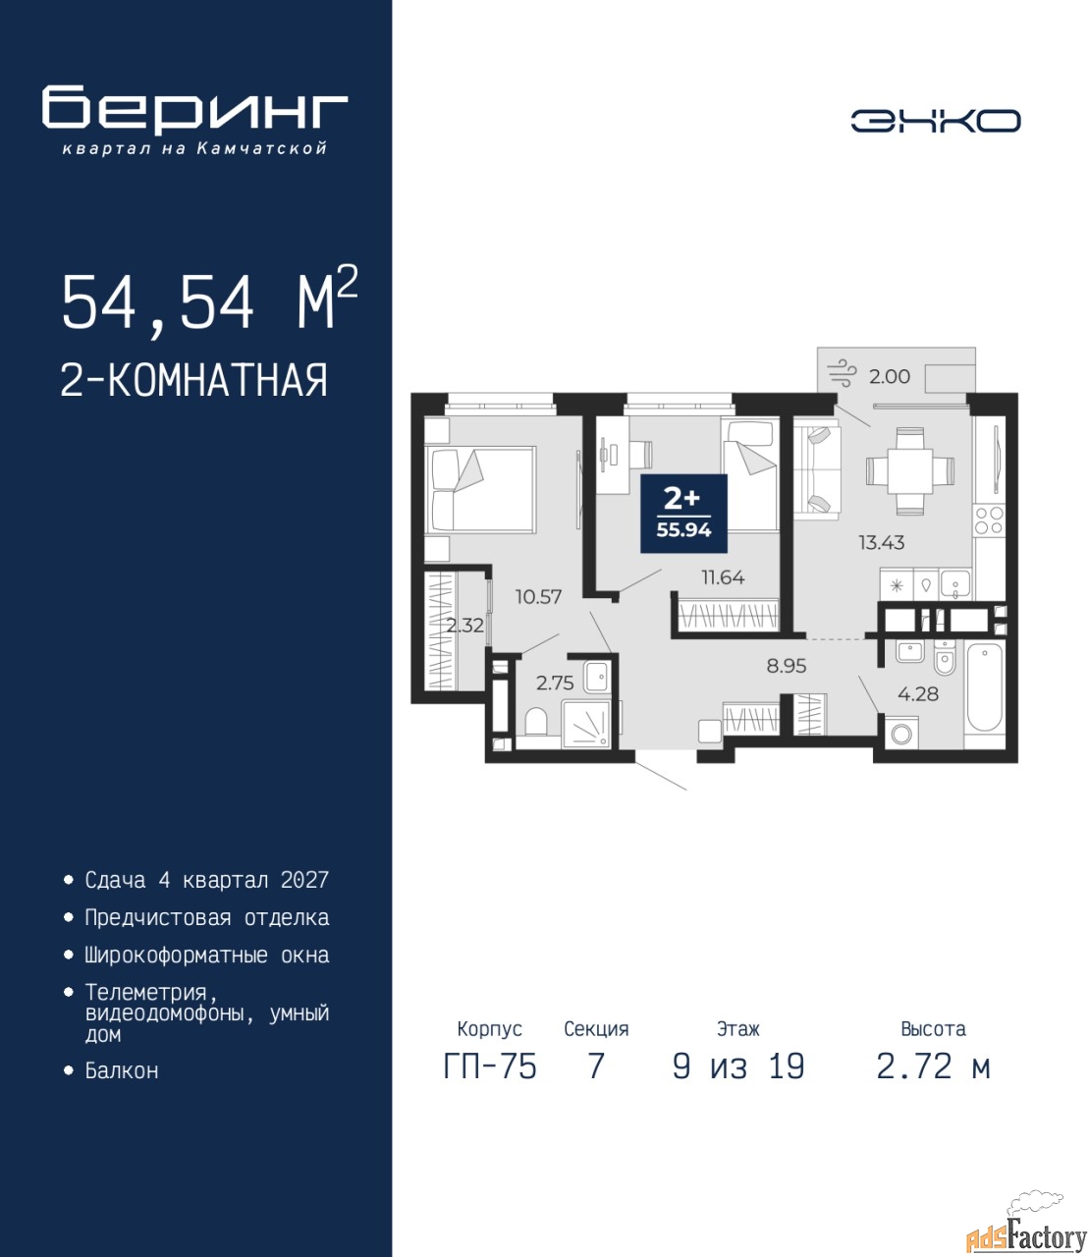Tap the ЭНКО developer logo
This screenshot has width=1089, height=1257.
pos(935,121)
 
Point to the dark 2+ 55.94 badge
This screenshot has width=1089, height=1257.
pos(684,514)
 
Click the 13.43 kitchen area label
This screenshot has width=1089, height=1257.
pos(882,542)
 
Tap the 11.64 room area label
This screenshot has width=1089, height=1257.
pos(723,577)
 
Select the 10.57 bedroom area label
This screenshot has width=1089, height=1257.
pos(539,596)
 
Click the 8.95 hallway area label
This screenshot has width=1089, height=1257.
pos(787,666)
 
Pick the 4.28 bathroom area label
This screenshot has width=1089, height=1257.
pos(918,693)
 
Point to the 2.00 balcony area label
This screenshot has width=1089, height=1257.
pos(890,376)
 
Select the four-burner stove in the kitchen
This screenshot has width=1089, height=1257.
pos(989,520)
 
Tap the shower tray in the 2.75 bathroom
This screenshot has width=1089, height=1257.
pos(585,723)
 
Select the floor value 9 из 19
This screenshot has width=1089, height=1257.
pos(738,1066)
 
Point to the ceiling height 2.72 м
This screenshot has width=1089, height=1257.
pos(933,1066)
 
